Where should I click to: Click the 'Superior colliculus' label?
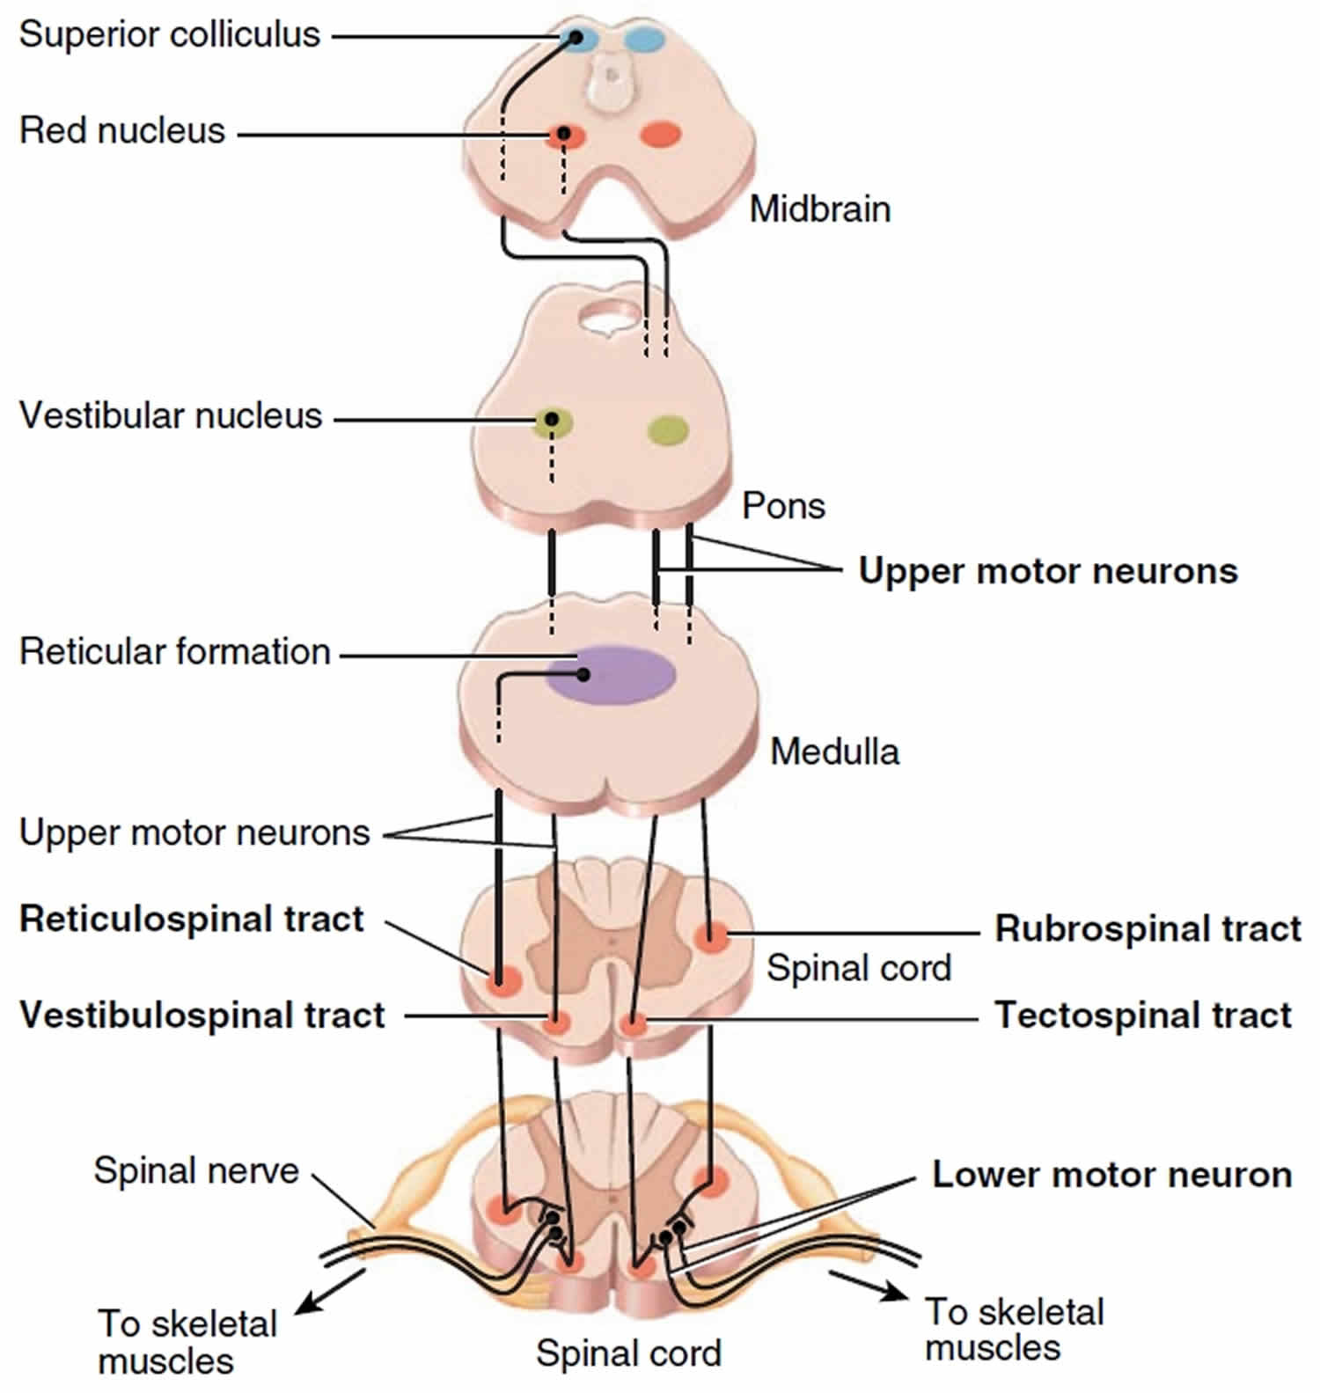click(170, 35)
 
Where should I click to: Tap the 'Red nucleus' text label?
click(122, 131)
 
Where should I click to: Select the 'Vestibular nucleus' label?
click(171, 416)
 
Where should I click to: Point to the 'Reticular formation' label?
click(175, 652)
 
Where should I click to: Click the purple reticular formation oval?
click(611, 674)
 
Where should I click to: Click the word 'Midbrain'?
click(820, 209)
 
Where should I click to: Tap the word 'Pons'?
click(784, 507)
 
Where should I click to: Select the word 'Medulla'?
click(835, 752)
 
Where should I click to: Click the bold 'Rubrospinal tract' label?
click(1148, 929)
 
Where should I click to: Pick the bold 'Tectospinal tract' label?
click(1143, 1015)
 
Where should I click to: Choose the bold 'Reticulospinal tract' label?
click(192, 920)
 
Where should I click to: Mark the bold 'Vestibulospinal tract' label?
click(202, 1015)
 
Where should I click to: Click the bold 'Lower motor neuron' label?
click(1112, 1175)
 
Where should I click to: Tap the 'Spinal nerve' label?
click(196, 1171)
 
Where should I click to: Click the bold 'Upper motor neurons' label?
click(1048, 571)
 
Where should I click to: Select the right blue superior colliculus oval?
click(646, 39)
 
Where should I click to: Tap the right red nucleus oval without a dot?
click(660, 135)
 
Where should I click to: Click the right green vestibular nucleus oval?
click(668, 429)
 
